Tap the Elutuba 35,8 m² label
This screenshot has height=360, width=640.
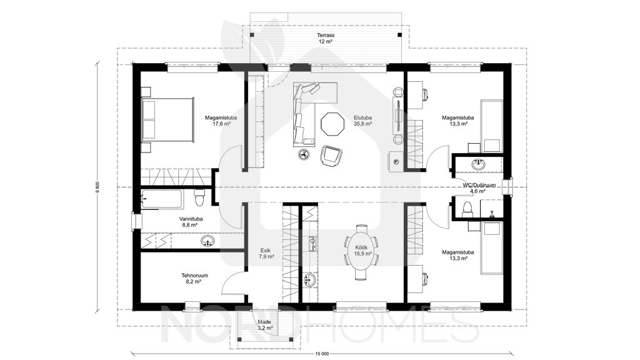(362, 121)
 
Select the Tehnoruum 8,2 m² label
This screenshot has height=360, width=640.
(194, 278)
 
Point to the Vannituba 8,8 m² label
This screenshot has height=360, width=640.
(191, 222)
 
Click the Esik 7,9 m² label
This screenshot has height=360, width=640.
(266, 254)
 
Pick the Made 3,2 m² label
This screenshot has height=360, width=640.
(264, 325)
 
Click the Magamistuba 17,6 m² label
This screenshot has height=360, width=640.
(221, 121)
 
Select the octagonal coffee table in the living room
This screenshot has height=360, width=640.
(332, 124)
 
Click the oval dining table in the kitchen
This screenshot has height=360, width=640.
(361, 251)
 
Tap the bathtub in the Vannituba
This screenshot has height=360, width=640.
(161, 199)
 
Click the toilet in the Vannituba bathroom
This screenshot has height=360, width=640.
(199, 198)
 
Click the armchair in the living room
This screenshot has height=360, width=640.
(331, 156)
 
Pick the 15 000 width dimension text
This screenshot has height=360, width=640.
(322, 354)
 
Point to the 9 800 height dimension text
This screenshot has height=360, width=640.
(97, 186)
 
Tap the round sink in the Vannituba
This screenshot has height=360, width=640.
(208, 241)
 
